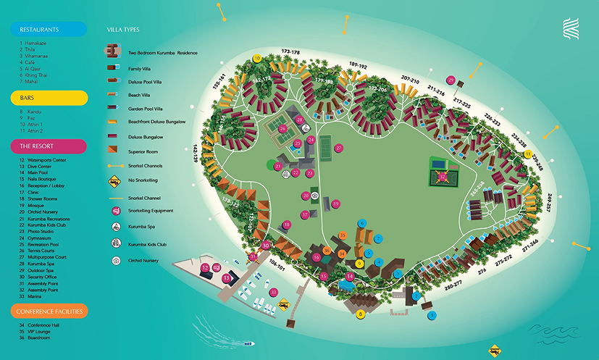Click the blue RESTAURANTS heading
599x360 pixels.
[x=49, y=30]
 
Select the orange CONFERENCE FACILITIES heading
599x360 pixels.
[x=49, y=311]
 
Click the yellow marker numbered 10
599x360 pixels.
[x=256, y=58]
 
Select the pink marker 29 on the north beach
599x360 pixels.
[x=451, y=80]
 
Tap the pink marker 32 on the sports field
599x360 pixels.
[x=442, y=175]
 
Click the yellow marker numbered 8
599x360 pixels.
[x=360, y=314]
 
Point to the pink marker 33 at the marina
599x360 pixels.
[x=273, y=292]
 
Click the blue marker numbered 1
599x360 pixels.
[x=432, y=316]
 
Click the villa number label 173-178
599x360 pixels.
[x=290, y=52]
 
